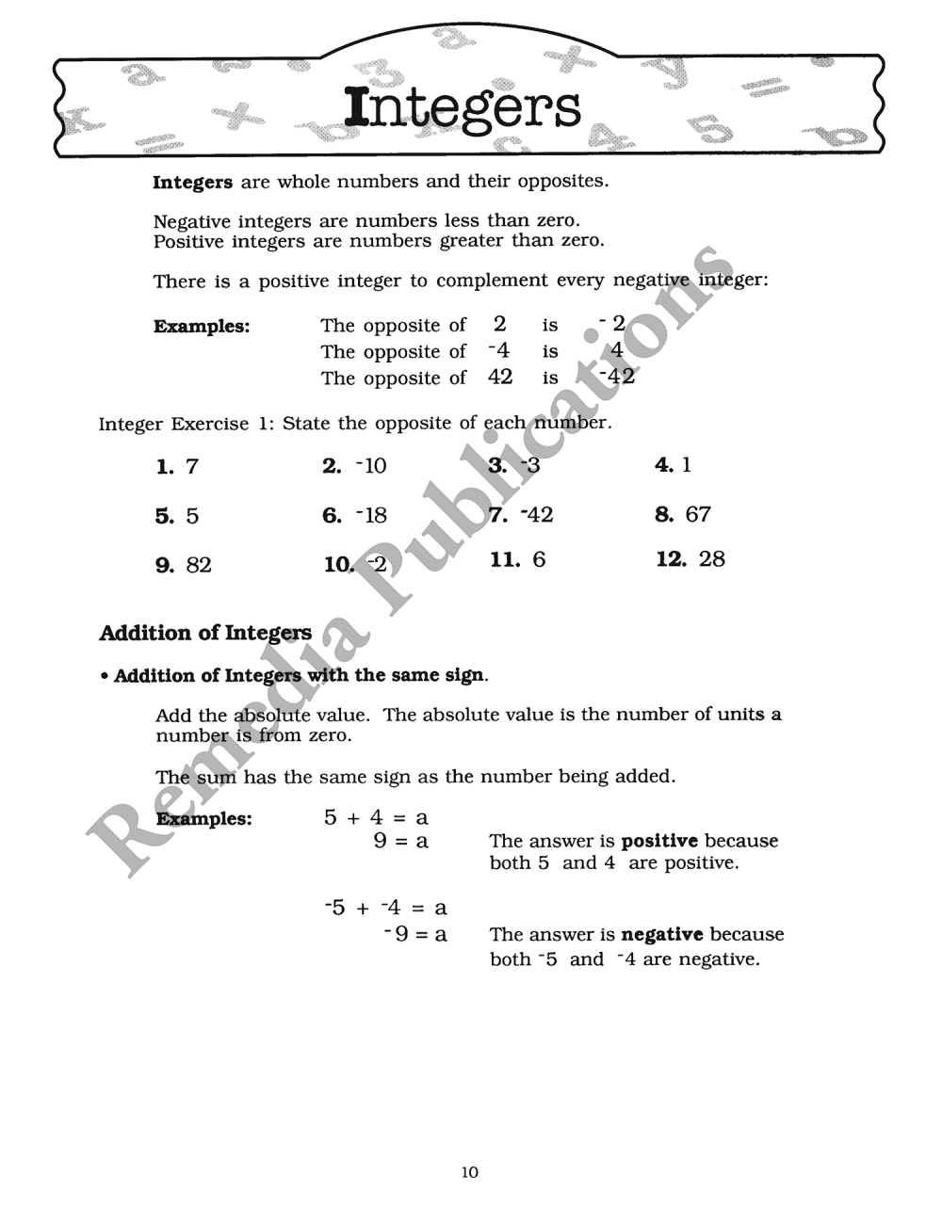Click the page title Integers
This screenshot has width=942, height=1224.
(462, 108)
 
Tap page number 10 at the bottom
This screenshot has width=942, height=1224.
(470, 1172)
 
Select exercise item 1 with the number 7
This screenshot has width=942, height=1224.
(177, 466)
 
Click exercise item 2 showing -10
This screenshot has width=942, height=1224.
(354, 465)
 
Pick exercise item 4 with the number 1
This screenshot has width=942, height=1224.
(673, 464)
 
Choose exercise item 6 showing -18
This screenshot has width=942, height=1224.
(354, 515)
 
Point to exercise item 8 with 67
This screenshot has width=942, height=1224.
(683, 514)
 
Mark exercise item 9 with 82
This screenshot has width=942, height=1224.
(184, 565)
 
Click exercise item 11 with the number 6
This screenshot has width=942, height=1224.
(517, 559)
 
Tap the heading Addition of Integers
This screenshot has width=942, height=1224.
(205, 633)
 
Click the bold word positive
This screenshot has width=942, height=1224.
(659, 841)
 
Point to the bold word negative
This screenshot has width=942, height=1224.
(662, 934)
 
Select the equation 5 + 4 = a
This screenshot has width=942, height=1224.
(376, 817)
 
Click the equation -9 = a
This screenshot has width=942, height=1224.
(415, 935)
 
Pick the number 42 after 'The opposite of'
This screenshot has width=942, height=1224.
(500, 378)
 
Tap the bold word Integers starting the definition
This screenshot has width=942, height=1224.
(192, 182)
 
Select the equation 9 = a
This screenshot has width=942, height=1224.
(400, 841)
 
